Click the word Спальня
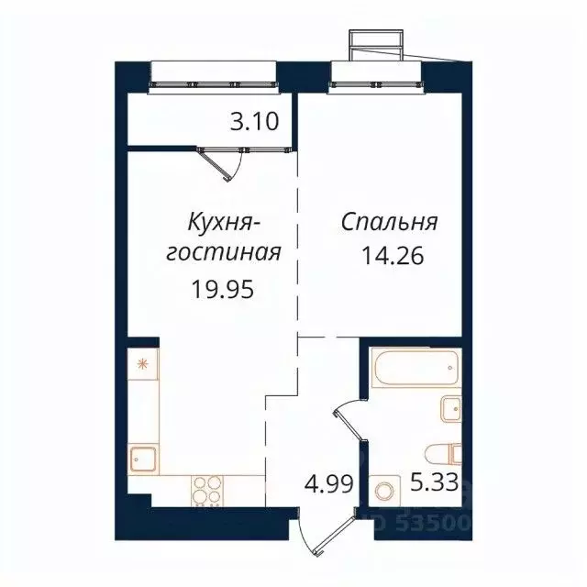tap(389, 222)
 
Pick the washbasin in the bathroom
tap(449, 408)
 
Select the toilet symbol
tap(444, 453)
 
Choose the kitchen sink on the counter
tap(144, 458)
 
